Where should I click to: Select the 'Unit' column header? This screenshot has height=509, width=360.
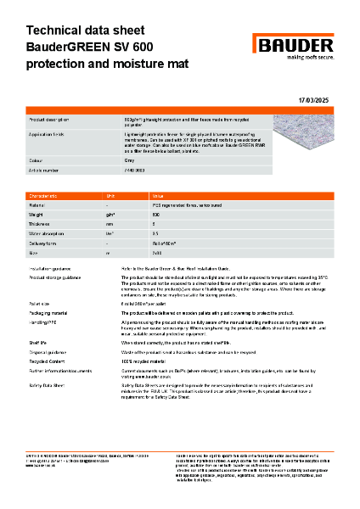110,195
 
